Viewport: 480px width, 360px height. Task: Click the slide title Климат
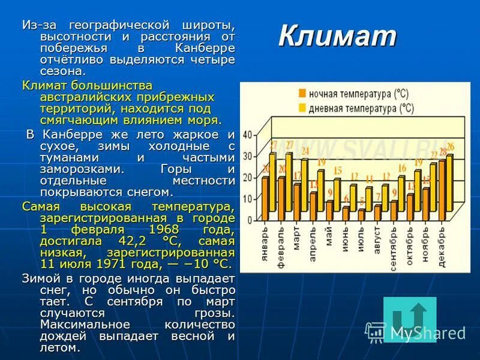337,37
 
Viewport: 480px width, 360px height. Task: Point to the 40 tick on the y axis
247,136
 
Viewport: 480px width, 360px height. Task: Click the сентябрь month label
393,249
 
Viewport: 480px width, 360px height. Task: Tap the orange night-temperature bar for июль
361,214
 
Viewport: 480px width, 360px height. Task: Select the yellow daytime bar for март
304,188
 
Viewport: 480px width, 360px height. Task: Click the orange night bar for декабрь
442,190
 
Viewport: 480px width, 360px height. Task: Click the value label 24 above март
305,151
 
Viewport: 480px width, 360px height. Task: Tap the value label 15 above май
338,171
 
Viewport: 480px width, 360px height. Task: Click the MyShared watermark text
427,332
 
